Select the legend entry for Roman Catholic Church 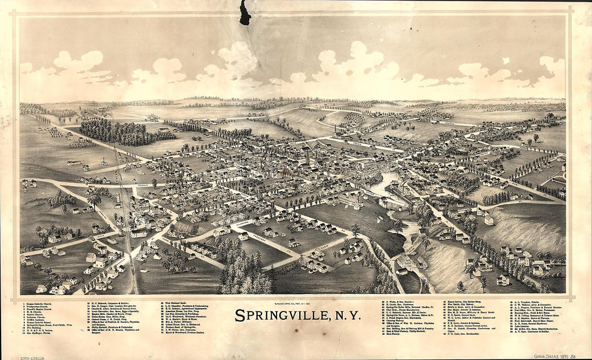coord(40,303)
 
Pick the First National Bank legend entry coord(177,303)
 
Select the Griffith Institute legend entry coord(40,319)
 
